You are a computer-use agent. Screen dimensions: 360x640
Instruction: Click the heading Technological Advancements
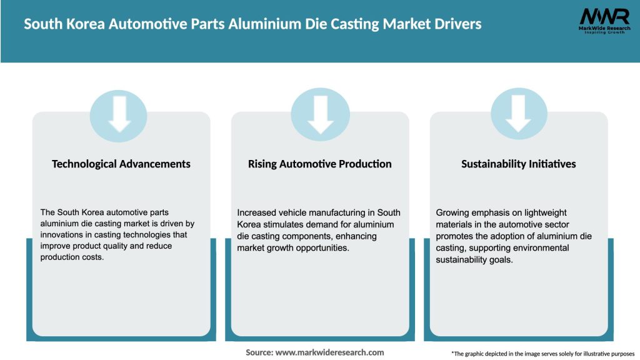coord(121,164)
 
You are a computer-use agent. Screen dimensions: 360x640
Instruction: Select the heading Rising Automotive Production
coord(320,164)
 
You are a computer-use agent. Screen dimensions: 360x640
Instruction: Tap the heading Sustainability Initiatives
coord(519,164)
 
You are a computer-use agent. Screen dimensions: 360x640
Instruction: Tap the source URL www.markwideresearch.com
coord(330,352)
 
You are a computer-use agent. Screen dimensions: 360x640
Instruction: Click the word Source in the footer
coord(258,352)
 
